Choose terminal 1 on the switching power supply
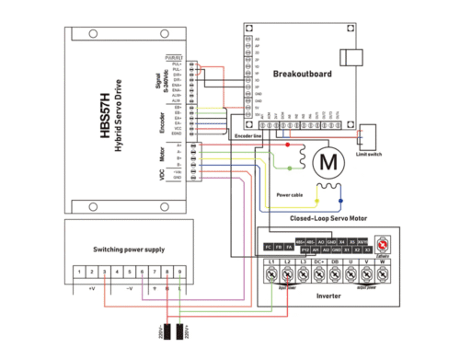(81, 273)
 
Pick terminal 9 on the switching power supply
(178, 273)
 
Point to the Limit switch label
(371, 156)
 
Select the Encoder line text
(249, 136)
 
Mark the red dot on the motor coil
(287, 145)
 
